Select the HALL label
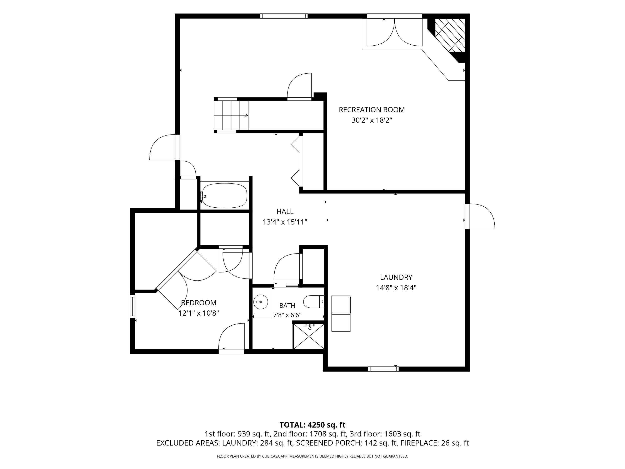[x=285, y=211]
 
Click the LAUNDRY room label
[x=396, y=277]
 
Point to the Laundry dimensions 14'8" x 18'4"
[x=396, y=288]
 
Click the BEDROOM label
[x=199, y=303]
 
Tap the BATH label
[x=287, y=306]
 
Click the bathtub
[x=225, y=196]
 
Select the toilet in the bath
[x=314, y=302]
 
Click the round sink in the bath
[x=260, y=302]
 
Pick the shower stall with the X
[x=309, y=336]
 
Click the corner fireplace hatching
[x=450, y=35]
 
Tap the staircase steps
[x=231, y=115]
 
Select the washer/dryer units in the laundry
[x=341, y=314]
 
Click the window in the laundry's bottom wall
[x=383, y=369]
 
